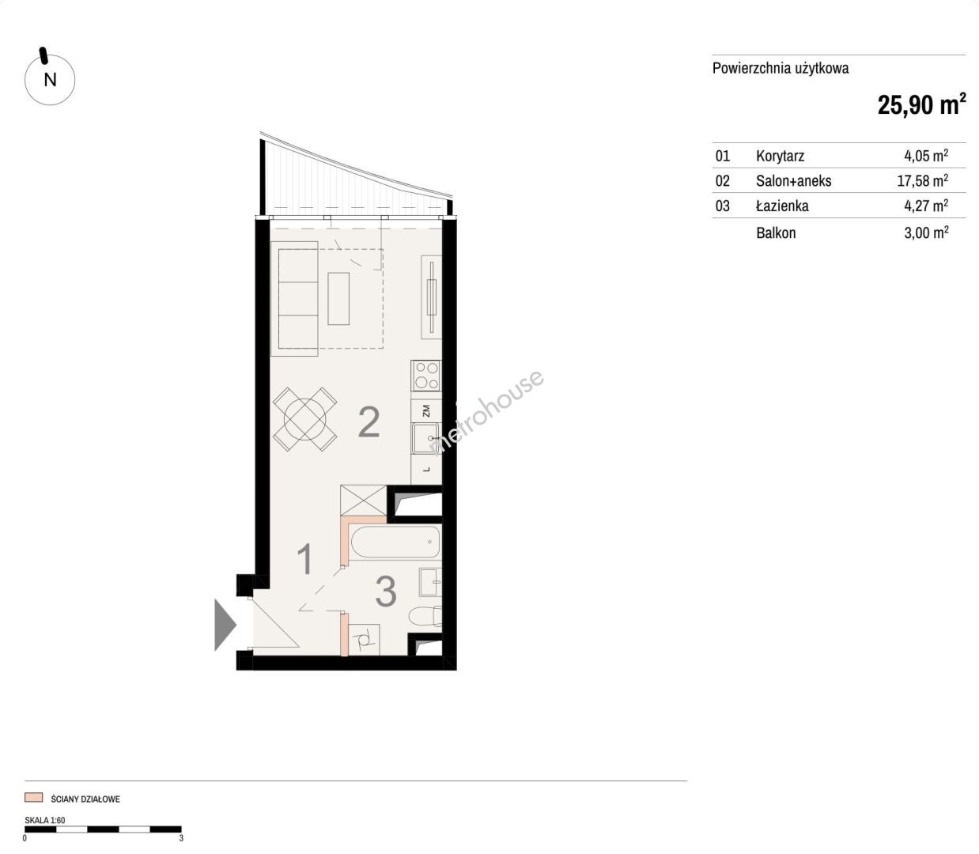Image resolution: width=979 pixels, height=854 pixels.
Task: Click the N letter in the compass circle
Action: [x=50, y=80]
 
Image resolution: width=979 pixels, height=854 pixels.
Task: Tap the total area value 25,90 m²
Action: [x=921, y=104]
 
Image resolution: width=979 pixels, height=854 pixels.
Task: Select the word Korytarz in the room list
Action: [x=780, y=156]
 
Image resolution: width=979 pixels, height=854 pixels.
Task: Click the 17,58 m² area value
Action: [x=923, y=180]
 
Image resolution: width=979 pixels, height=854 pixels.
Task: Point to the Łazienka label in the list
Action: [x=782, y=206]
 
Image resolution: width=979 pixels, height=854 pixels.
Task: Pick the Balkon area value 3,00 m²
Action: [x=926, y=232]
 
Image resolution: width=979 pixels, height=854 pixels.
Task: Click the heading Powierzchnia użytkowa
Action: [x=781, y=69]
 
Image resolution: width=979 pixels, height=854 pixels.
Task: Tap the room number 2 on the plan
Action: [x=369, y=421]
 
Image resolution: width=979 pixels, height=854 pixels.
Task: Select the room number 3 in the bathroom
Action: [x=386, y=591]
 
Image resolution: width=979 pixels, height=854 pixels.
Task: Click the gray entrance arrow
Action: [x=225, y=625]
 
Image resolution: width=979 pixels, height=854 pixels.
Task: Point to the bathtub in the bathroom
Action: [x=395, y=542]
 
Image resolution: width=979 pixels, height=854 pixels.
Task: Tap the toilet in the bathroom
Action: [x=425, y=615]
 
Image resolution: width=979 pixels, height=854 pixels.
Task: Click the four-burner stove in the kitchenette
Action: [x=427, y=376]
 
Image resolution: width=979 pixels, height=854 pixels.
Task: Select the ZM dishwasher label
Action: [x=425, y=410]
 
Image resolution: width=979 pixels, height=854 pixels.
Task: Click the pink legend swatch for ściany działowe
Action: [x=34, y=798]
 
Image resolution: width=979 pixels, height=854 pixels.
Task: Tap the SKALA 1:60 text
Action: [x=45, y=820]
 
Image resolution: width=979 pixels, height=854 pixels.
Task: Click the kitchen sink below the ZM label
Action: [x=425, y=437]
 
